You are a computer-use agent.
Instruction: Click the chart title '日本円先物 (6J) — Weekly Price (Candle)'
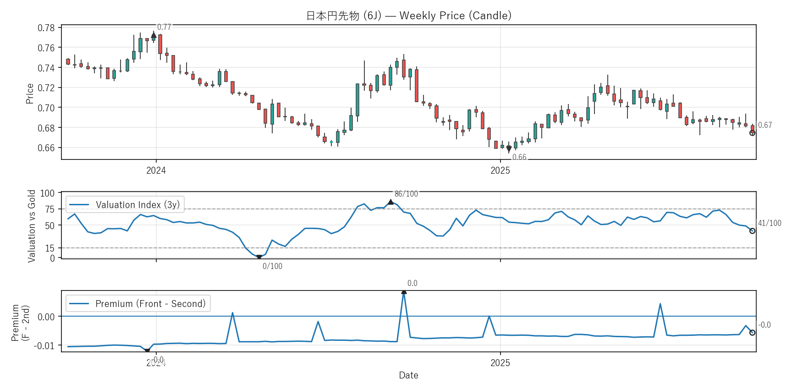pyautogui.click(x=408, y=16)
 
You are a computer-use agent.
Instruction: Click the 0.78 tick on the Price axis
pyautogui.click(x=46, y=28)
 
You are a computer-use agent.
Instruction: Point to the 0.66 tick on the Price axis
pyautogui.click(x=46, y=148)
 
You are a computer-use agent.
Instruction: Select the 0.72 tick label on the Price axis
pyautogui.click(x=46, y=88)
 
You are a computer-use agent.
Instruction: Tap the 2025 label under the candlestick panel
pyautogui.click(x=500, y=170)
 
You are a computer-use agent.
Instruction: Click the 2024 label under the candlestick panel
pyautogui.click(x=156, y=170)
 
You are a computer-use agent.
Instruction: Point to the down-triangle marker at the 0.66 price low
pyautogui.click(x=509, y=149)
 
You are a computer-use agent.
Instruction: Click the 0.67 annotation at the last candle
pyautogui.click(x=765, y=125)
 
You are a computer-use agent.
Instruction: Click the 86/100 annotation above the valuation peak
pyautogui.click(x=406, y=194)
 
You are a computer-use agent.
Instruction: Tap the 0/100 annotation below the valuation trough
pyautogui.click(x=272, y=266)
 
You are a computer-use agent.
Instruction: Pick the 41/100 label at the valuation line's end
pyautogui.click(x=770, y=223)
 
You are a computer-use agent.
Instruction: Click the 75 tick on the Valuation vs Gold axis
pyautogui.click(x=49, y=209)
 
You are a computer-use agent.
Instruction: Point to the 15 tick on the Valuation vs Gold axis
pyautogui.click(x=49, y=248)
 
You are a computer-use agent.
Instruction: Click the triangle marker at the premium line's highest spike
pyautogui.click(x=404, y=291)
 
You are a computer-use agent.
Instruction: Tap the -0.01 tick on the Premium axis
pyautogui.click(x=44, y=346)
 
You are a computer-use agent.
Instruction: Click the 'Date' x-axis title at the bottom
pyautogui.click(x=408, y=375)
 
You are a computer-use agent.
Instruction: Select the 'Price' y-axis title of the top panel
pyautogui.click(x=30, y=93)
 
